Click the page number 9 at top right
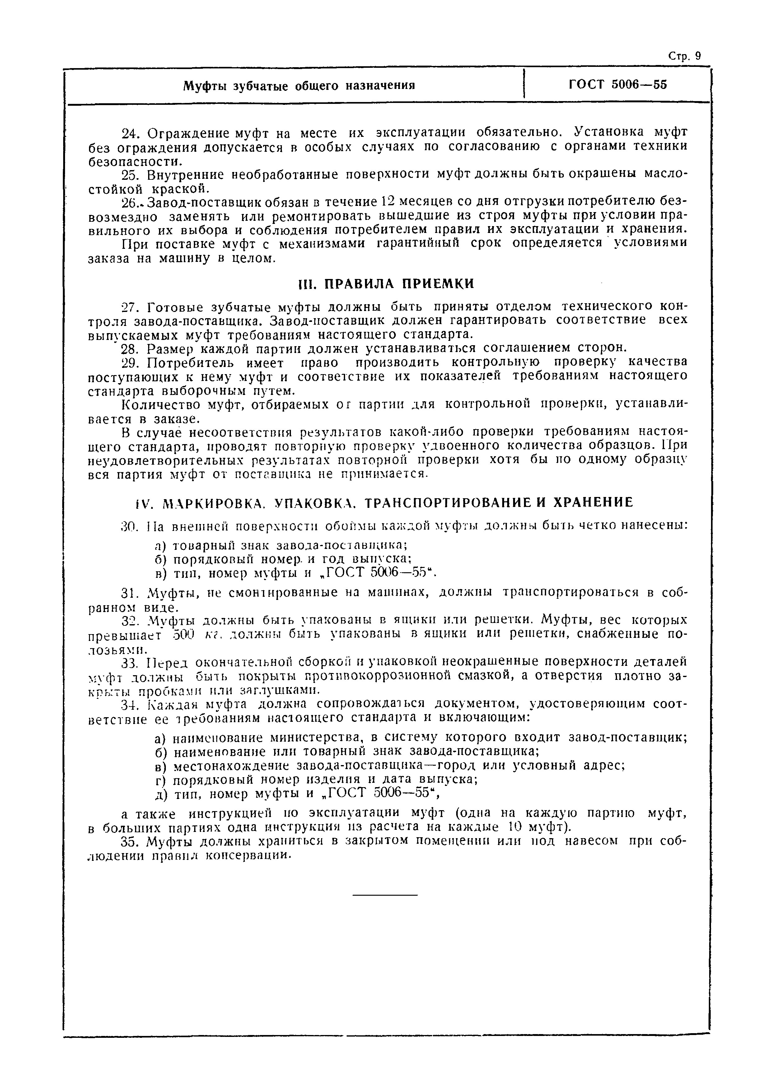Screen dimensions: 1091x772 point(697,56)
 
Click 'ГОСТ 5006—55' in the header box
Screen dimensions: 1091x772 point(618,85)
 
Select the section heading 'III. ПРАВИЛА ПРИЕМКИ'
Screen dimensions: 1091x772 point(386,284)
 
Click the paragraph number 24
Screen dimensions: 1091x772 point(129,132)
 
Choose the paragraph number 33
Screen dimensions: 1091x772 point(129,662)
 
